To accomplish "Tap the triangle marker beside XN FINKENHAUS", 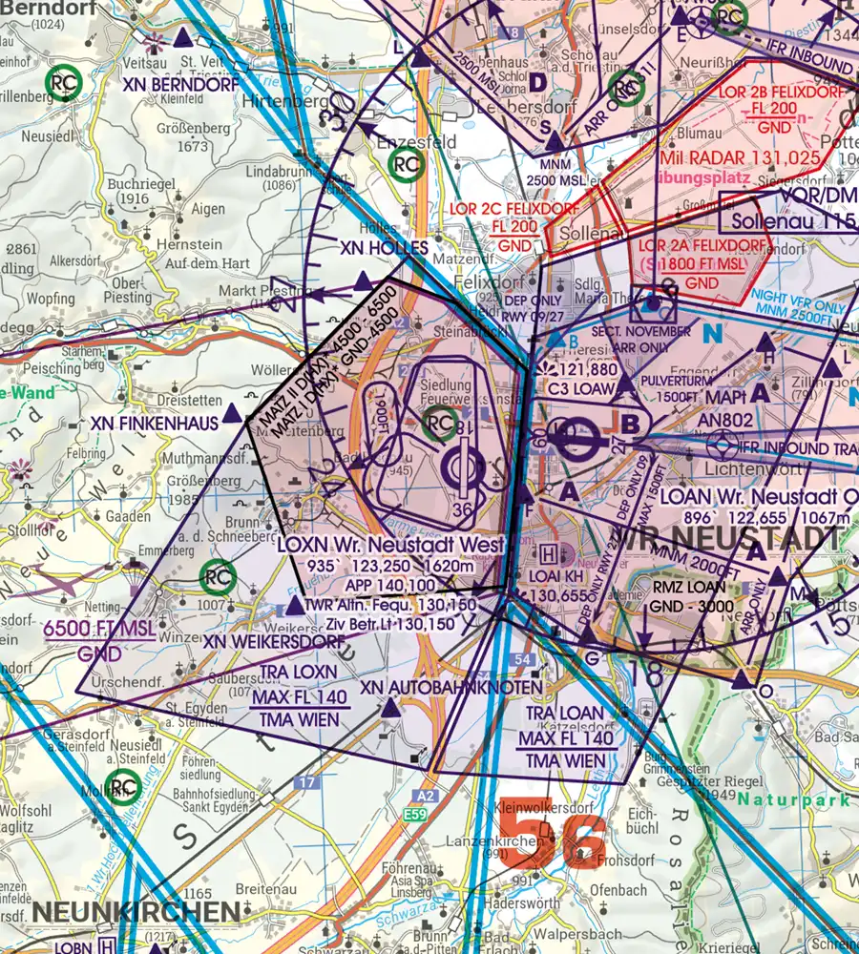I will click(x=232, y=416).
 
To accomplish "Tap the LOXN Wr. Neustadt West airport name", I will click(x=388, y=545).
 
